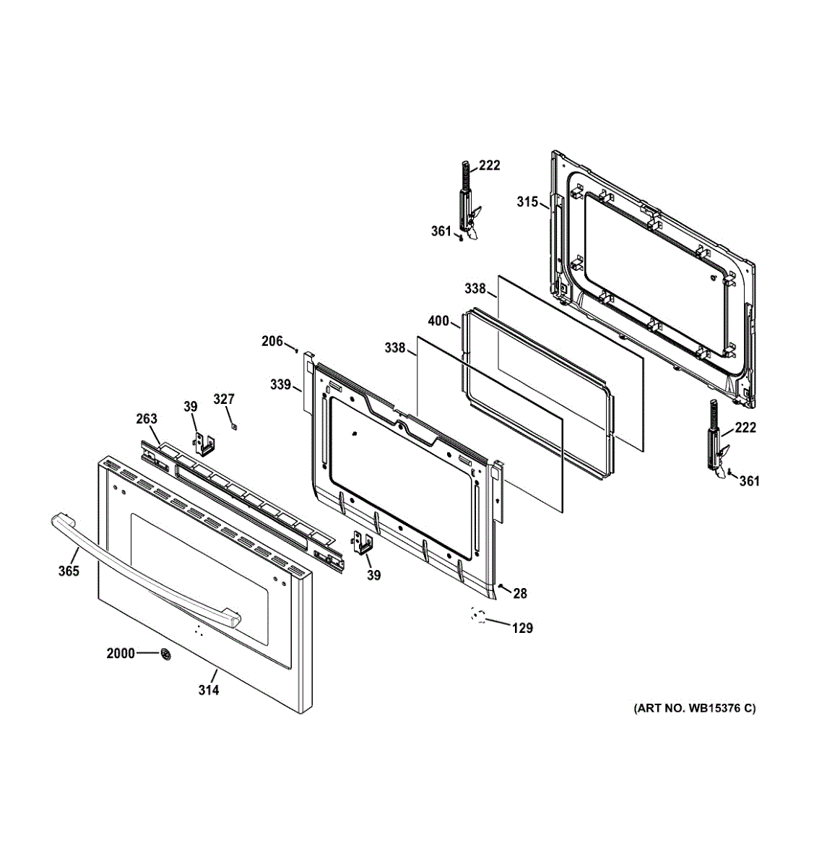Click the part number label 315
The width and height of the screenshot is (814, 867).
click(527, 202)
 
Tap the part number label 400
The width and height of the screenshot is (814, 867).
click(438, 322)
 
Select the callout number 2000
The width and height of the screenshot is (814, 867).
click(121, 654)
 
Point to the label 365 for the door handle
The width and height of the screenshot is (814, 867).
click(69, 571)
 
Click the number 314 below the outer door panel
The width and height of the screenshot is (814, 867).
click(209, 690)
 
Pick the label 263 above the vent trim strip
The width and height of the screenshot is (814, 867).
click(147, 419)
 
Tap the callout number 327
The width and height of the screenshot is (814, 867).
click(224, 400)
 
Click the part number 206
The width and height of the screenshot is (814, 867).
click(272, 342)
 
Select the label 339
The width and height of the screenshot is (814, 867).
click(281, 385)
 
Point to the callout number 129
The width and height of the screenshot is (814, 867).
click(522, 629)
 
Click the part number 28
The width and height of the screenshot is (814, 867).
click(520, 594)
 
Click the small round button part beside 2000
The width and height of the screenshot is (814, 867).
click(167, 655)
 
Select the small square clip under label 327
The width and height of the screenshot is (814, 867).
click(233, 426)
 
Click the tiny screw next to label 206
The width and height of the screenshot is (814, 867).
click(297, 350)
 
